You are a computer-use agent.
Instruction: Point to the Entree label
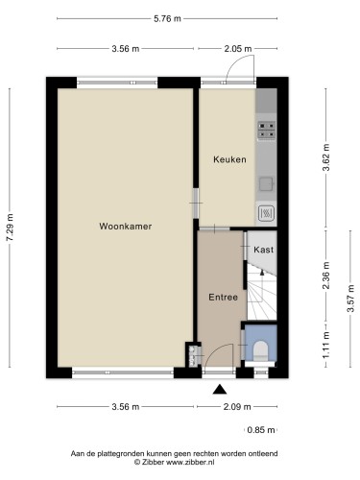[x=223, y=297]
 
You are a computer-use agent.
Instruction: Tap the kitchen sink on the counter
[x=266, y=176]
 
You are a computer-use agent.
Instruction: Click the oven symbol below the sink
[x=266, y=212]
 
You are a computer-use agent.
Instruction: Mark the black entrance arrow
[x=220, y=389]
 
